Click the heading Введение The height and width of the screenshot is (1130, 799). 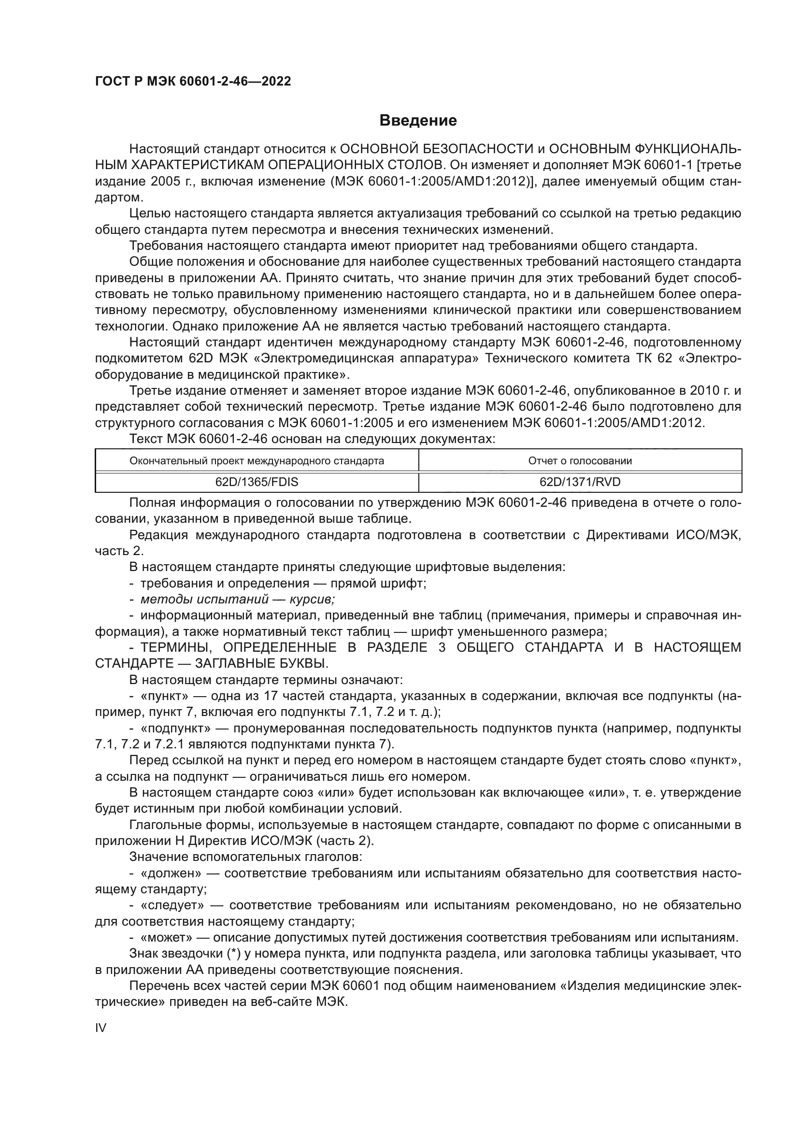coord(418,121)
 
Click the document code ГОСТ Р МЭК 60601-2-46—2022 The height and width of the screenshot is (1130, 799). coord(193,81)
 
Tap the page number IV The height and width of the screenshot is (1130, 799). coord(100,1028)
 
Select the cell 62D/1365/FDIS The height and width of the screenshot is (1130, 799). coord(257,482)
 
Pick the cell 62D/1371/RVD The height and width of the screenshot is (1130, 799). coord(580,482)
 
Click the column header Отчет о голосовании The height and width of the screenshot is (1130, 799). coord(580,461)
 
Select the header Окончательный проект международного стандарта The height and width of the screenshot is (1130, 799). coord(257,461)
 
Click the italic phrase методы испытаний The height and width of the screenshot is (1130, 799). coord(204,599)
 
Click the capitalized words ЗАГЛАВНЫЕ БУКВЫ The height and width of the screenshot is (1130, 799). coord(261,663)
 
